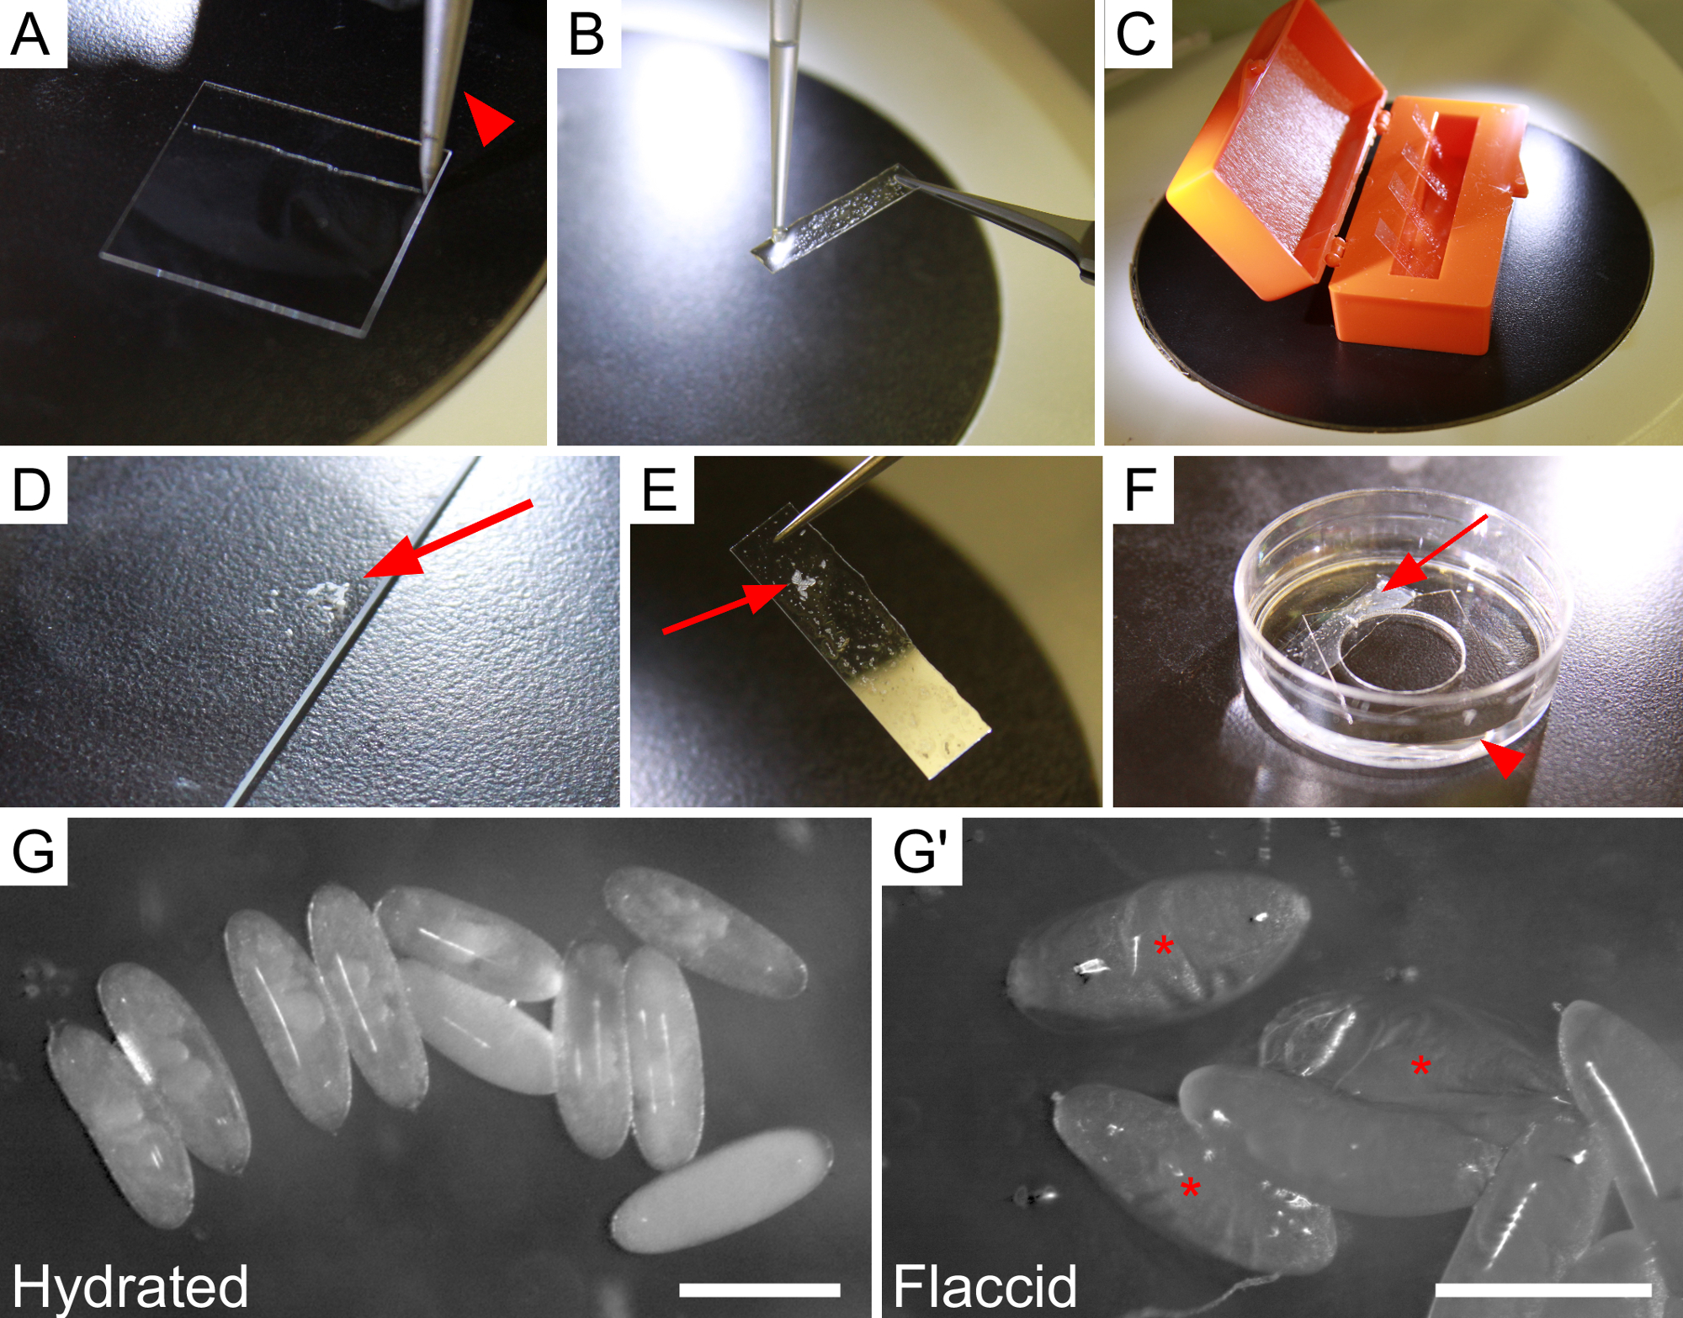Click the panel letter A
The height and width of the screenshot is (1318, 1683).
point(30,35)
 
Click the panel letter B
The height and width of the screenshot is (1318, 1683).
point(587,35)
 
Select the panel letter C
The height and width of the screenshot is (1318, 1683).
point(1135,35)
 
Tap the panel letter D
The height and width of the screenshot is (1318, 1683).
point(31,490)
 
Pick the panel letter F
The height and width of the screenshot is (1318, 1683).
point(1139,490)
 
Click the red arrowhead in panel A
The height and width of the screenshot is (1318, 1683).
point(488,119)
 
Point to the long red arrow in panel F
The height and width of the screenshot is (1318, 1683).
point(1434,553)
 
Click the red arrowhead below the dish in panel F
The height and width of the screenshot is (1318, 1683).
point(1503,757)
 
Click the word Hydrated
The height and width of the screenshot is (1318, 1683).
point(130,1286)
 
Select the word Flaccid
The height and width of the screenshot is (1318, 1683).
point(985,1285)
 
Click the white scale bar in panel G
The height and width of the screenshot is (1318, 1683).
point(759,1290)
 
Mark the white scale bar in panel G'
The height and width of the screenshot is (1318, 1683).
point(1543,1290)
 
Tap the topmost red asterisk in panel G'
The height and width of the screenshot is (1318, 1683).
point(1164,946)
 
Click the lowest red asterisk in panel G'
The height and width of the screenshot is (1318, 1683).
point(1190,1188)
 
